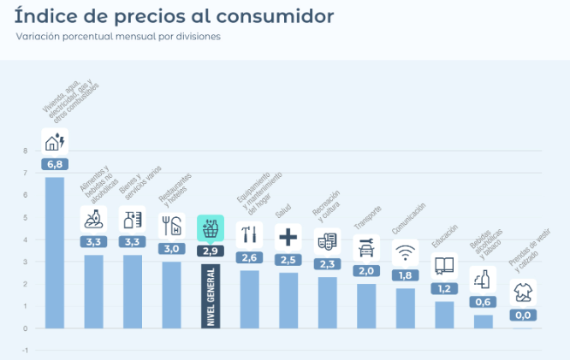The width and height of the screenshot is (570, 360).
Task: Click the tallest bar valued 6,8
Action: click(55, 252)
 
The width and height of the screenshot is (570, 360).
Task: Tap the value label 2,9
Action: click(211, 251)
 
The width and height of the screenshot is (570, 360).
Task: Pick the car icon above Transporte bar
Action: click(366, 248)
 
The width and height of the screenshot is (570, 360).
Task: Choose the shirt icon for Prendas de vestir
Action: click(523, 292)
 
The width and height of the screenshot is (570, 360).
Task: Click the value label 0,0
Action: click(523, 315)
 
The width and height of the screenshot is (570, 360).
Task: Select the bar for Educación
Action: click(444, 315)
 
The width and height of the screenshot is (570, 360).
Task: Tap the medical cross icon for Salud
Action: click(288, 237)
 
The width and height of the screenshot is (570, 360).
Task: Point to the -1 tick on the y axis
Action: click(26, 351)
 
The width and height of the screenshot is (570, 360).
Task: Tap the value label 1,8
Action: click(406, 275)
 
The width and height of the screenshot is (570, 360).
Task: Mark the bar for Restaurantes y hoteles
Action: click(172, 294)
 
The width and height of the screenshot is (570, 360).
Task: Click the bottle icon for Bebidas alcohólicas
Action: click(484, 279)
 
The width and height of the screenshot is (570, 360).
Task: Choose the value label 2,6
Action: click(250, 257)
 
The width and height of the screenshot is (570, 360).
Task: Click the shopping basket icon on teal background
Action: click(211, 228)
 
